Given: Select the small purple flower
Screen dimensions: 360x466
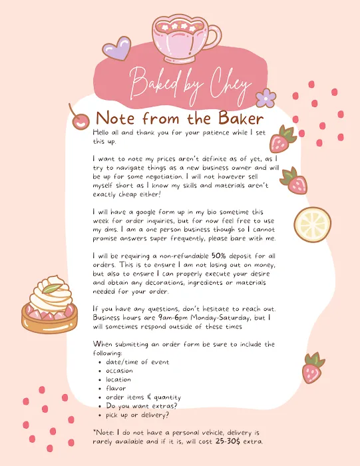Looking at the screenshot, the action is click(x=266, y=98).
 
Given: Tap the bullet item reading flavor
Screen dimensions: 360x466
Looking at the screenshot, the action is click(x=116, y=388).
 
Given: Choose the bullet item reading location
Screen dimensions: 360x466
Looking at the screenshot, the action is click(x=118, y=379).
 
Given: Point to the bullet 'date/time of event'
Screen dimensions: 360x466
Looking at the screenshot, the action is click(x=137, y=362).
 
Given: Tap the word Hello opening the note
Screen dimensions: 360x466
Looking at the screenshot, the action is click(x=104, y=132).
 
